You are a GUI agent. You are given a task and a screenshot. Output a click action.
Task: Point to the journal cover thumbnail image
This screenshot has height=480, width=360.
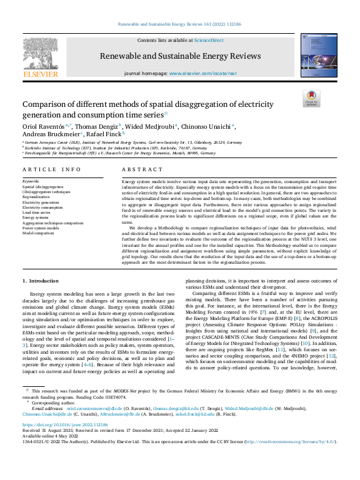[x=317, y=56]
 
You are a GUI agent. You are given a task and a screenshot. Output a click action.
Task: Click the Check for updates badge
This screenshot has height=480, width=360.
[x=311, y=99]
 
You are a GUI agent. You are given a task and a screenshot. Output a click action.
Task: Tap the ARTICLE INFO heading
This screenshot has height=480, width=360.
[x=51, y=169]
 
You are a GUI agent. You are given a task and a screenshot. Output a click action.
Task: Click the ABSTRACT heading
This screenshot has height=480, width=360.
[x=137, y=169]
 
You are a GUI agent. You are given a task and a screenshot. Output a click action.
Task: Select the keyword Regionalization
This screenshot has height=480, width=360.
[x=36, y=196]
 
